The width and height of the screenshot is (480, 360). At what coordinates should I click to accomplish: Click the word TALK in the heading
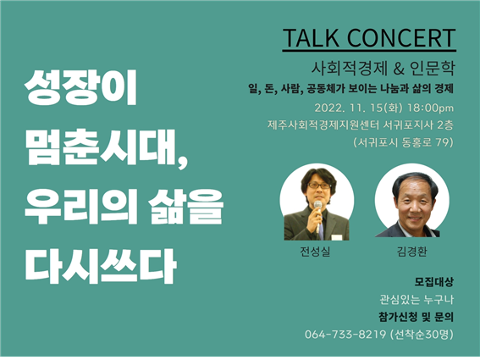click(x=311, y=37)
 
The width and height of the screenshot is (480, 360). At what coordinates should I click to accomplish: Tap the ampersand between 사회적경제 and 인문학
click(x=398, y=69)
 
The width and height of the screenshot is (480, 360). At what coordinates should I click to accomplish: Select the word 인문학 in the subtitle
click(x=432, y=69)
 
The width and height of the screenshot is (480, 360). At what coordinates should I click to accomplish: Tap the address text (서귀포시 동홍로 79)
click(x=404, y=142)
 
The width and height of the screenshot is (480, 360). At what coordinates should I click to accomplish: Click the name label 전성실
click(x=315, y=252)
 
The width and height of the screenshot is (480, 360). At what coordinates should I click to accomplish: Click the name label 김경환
click(x=411, y=252)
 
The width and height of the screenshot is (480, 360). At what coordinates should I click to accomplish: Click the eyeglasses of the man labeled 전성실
click(x=318, y=186)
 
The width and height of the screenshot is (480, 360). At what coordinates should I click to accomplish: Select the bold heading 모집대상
click(x=433, y=282)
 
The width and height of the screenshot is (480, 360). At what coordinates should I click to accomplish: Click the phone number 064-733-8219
click(x=345, y=334)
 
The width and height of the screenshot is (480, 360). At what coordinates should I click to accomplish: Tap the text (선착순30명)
click(x=422, y=334)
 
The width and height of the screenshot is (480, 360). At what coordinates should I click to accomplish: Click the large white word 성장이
click(x=80, y=88)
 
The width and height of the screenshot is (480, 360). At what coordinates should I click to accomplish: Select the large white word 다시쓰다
click(x=101, y=266)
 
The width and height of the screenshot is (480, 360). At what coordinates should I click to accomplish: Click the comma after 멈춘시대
click(x=183, y=162)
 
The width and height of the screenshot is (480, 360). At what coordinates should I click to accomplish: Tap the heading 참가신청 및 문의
click(x=416, y=317)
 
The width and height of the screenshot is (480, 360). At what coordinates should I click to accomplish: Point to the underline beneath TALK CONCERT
click(x=369, y=50)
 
